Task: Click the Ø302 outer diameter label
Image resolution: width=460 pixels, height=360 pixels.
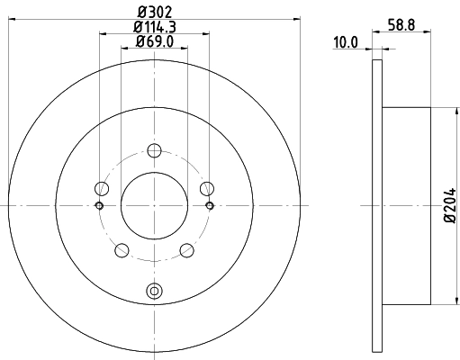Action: pos(154,13)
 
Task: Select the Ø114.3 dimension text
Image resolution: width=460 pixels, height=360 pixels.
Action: pos(154,27)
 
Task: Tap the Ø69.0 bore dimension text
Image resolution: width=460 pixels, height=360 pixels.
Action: pos(154,41)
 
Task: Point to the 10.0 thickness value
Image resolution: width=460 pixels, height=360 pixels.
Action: pos(347,41)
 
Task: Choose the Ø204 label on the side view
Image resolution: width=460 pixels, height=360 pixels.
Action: pos(449,207)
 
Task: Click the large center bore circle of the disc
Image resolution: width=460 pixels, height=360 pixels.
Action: pos(154,204)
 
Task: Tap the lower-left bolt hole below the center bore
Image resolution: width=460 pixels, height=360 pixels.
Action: pos(122,249)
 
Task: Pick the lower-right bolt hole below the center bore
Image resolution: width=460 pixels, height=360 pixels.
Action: pos(186,249)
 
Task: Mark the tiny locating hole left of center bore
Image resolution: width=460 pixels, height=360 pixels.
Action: pos(99,205)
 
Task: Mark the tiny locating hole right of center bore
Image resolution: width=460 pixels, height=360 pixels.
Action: pos(209,205)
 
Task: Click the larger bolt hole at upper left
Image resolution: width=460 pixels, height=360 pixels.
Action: pos(102,188)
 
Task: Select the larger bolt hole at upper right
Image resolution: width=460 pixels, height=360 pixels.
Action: pos(206,188)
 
